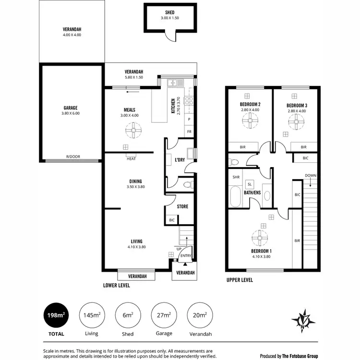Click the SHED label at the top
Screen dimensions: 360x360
tap(170, 12)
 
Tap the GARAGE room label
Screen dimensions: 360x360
tap(71, 108)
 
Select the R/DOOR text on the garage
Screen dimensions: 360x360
tap(73, 156)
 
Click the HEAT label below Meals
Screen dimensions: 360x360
tap(131, 158)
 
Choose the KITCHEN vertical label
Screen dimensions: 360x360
tap(173, 106)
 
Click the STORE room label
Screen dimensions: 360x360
tap(182, 207)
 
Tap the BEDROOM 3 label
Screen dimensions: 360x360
tap(296, 105)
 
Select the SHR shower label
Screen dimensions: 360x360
tap(236, 177)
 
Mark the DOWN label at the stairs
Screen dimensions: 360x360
tap(310, 176)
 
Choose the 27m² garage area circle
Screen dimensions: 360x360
tap(164, 315)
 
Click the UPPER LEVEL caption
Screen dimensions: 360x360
tap(239, 280)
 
